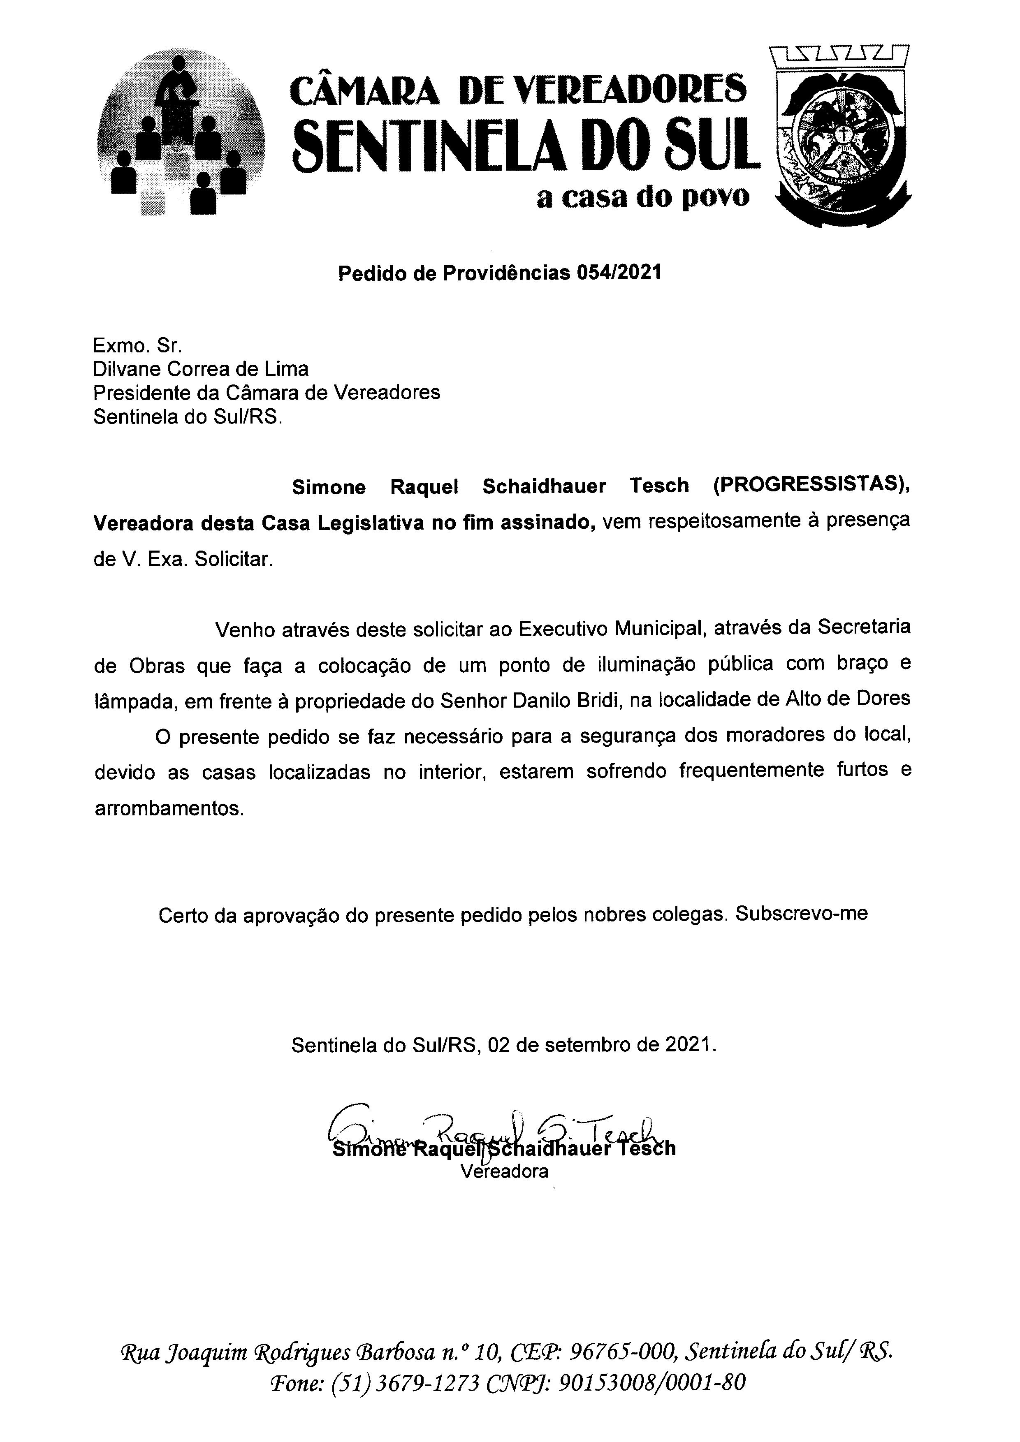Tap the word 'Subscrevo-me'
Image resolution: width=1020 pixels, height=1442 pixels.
(802, 914)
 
